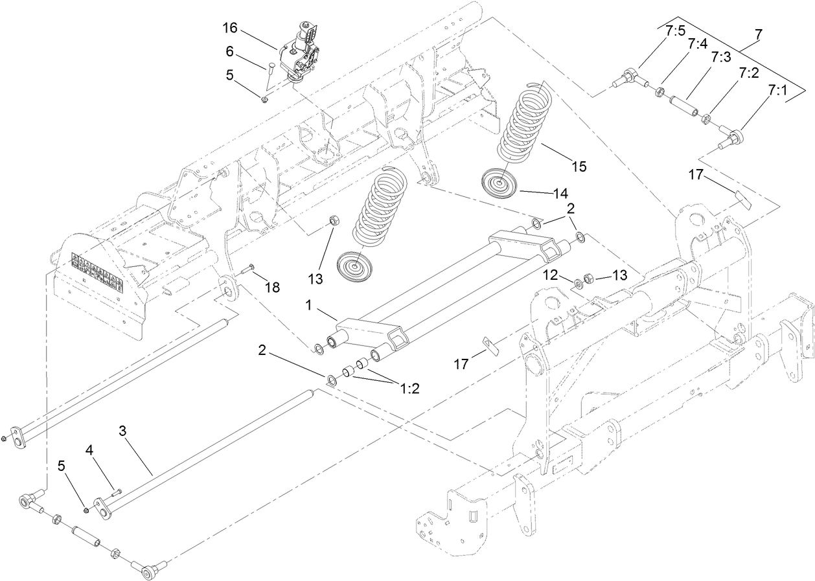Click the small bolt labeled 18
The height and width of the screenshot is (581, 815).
(x=248, y=269)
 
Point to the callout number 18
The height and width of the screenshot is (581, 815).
(x=273, y=287)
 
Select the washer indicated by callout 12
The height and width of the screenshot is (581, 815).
(x=578, y=283)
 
